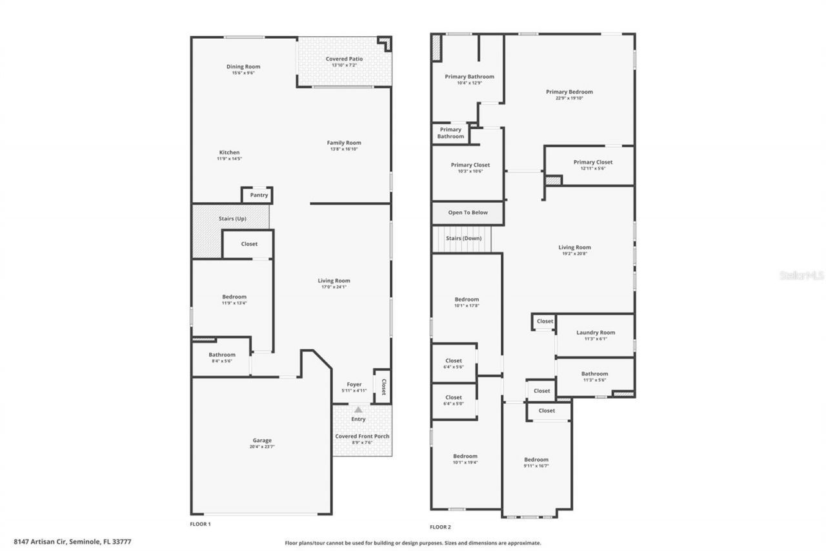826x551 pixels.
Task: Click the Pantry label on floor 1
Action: tap(259, 195)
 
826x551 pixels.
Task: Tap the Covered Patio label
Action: tap(344, 59)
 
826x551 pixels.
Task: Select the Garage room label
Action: tap(262, 441)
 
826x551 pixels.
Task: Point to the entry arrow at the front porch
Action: tap(358, 410)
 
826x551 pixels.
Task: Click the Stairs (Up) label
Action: tap(232, 219)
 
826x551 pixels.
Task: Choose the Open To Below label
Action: tap(468, 213)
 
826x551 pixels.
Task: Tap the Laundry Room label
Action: tap(596, 333)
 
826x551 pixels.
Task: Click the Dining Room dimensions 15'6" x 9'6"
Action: tap(243, 73)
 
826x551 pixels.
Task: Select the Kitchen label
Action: tap(229, 152)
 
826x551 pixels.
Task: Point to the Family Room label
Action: tap(344, 143)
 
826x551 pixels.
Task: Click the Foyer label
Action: tap(354, 384)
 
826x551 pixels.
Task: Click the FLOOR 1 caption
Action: tap(200, 524)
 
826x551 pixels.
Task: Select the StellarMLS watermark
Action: tap(801, 275)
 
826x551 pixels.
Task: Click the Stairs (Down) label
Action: tap(463, 238)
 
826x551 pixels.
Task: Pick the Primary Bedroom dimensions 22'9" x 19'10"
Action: tap(569, 98)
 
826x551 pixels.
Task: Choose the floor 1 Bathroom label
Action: tap(222, 355)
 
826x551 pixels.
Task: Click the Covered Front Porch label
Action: tap(362, 436)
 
